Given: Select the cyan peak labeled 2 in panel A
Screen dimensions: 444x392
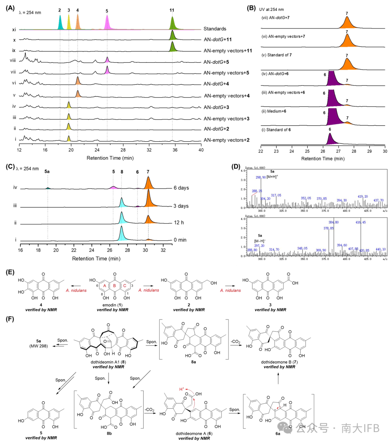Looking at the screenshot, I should [60, 25].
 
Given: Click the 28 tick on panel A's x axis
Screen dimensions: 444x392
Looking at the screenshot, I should [123, 150].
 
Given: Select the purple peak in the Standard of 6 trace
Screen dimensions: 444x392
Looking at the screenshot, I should [330, 139].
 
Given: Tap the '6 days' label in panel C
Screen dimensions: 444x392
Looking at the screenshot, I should [181, 188].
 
